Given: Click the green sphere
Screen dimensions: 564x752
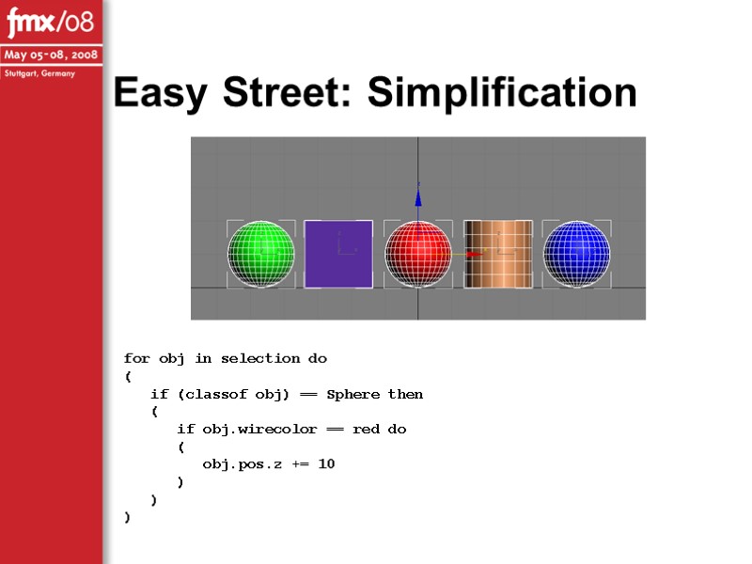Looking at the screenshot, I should [x=260, y=254].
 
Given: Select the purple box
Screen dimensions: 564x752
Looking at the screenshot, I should [x=338, y=254].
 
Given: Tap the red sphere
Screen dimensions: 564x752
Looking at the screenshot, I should [x=417, y=255].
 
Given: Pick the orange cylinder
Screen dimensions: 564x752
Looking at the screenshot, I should [x=498, y=254].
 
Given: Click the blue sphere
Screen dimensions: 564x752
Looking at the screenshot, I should [x=577, y=254].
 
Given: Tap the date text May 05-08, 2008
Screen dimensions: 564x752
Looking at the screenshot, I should [x=51, y=55].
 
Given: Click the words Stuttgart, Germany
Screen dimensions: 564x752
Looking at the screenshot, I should [x=39, y=73].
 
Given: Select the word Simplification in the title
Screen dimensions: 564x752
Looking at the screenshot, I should [x=502, y=93].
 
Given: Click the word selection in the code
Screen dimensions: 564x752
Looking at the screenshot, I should [x=262, y=358].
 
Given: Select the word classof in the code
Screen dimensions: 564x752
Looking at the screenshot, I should [x=225, y=394].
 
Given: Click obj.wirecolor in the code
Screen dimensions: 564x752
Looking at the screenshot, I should [x=245, y=429].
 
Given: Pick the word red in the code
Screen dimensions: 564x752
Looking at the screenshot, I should [x=366, y=429].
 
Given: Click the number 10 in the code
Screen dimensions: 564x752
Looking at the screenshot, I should [x=326, y=463].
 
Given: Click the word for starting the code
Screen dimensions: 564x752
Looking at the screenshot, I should [x=136, y=358].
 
